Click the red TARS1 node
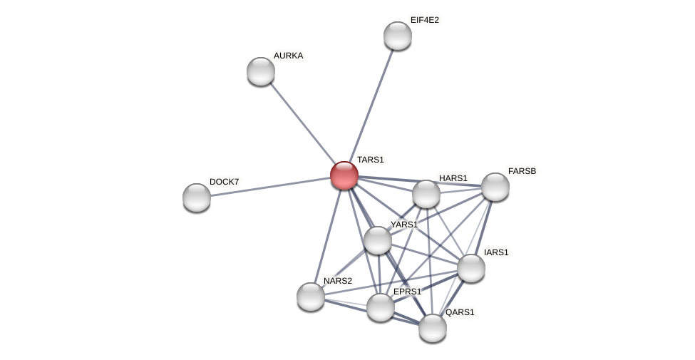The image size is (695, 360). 344,175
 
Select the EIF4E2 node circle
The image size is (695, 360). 398,36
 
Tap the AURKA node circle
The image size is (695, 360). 261,71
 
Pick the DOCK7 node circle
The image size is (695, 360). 197,197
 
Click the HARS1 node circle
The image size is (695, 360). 426,194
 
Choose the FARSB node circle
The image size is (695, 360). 495,187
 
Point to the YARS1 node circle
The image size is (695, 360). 378,240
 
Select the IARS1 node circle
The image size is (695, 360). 471,268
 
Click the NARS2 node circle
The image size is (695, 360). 311,297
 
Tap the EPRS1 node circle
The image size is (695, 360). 381,307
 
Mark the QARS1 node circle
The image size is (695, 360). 433,328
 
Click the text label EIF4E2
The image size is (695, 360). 425,20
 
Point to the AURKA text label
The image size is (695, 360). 288,56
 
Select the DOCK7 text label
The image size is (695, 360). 224,182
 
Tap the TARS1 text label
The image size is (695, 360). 371,160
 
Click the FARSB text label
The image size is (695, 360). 522,171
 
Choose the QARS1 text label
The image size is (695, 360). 460,312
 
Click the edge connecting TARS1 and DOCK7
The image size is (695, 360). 271,187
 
